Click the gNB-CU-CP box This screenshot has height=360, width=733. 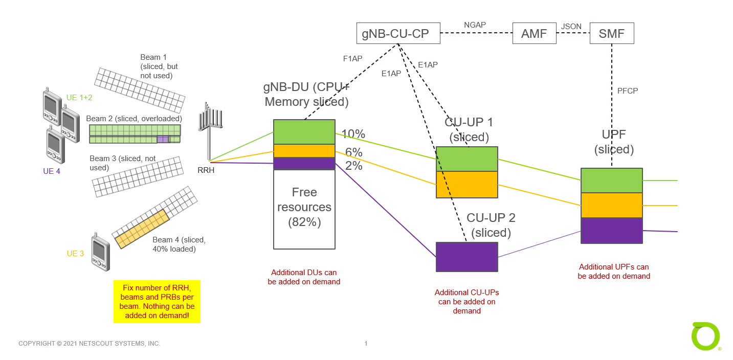coord(398,34)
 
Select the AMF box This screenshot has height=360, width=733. coord(534,34)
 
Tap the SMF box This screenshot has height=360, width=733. coord(611,34)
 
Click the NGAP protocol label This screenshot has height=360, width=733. coord(474,25)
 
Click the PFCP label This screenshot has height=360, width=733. coord(628,91)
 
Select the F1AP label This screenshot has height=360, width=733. coord(352,58)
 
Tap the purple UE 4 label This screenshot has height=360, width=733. coord(52,171)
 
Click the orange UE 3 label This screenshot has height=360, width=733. coord(75,254)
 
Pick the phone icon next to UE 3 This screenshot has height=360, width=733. coord(100,253)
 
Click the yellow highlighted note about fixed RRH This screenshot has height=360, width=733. coord(157,302)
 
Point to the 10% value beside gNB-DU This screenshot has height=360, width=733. coord(353,134)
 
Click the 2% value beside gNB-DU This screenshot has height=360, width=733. coord(354,166)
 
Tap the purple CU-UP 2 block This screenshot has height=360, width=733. coord(467,257)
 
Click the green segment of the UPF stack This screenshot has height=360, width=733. coord(611,181)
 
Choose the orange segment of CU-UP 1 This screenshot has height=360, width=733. coord(467,185)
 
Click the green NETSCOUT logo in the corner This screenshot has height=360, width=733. coord(706,336)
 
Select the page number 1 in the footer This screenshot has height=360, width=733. coord(366,344)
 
